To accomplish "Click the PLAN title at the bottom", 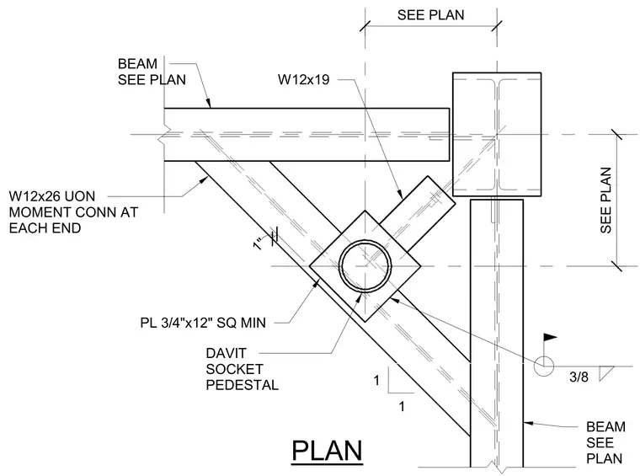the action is [327, 450].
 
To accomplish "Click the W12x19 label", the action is [303, 79].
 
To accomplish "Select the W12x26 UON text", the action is [52, 196].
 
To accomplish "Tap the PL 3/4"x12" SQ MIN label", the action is [203, 323].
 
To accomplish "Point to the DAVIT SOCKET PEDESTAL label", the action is [242, 369].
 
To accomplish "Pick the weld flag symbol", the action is [550, 338].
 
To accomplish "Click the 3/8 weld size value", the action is [579, 377].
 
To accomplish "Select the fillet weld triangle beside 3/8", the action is [606, 373].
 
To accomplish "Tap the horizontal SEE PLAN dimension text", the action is [430, 15].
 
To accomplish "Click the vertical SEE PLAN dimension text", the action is [605, 200].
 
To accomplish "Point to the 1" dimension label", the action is [259, 244].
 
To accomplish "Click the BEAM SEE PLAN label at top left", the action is [152, 72].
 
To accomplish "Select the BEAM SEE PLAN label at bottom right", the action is [605, 442].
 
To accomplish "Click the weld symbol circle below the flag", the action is [543, 366].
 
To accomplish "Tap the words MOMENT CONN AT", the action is [73, 212].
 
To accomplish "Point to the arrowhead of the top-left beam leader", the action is [209, 104].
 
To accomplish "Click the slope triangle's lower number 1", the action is [402, 407].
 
